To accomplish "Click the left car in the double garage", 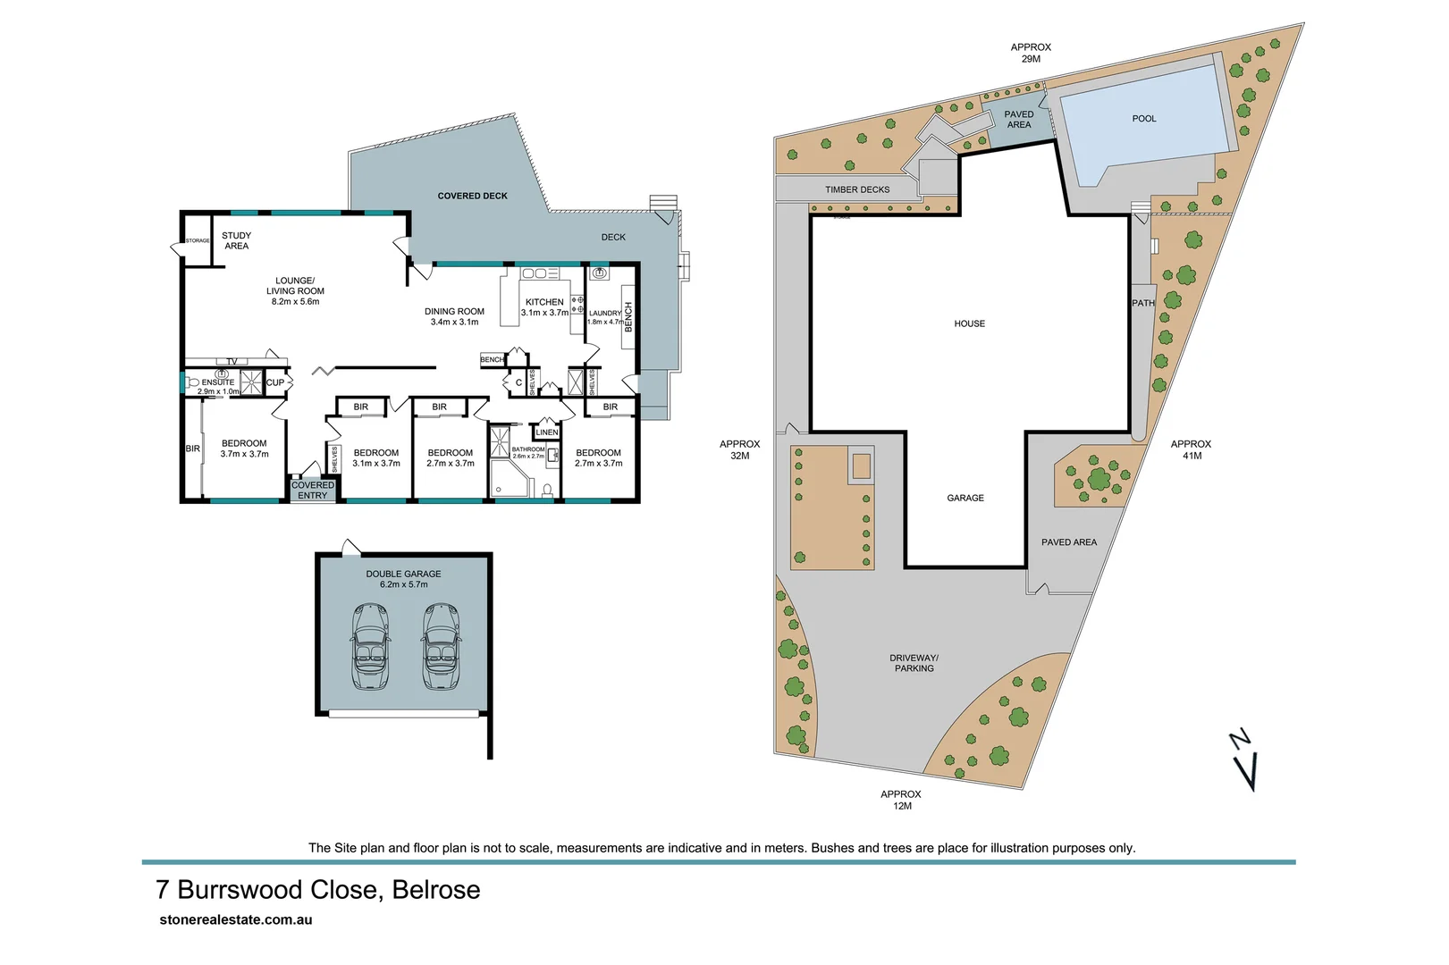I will [371, 646].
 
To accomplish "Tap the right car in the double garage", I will [440, 646].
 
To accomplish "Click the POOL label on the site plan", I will [1143, 118].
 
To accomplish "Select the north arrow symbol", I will [1247, 760].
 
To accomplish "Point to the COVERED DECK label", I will [472, 196].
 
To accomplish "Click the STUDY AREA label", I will [236, 241].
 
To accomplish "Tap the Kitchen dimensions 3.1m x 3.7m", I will [544, 313].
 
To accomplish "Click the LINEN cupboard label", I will [547, 432].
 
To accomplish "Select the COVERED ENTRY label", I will [312, 491].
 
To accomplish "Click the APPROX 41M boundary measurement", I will [1191, 449].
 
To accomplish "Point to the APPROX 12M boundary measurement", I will [900, 800].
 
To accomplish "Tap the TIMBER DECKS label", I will [856, 189].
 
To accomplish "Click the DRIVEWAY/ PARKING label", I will [914, 663].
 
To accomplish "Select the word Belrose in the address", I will [436, 890].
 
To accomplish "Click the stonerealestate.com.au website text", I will [235, 919].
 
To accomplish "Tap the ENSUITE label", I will [218, 382].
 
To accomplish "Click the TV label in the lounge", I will [232, 362].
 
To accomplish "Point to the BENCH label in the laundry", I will [628, 317].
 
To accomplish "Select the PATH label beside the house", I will [1142, 303].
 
